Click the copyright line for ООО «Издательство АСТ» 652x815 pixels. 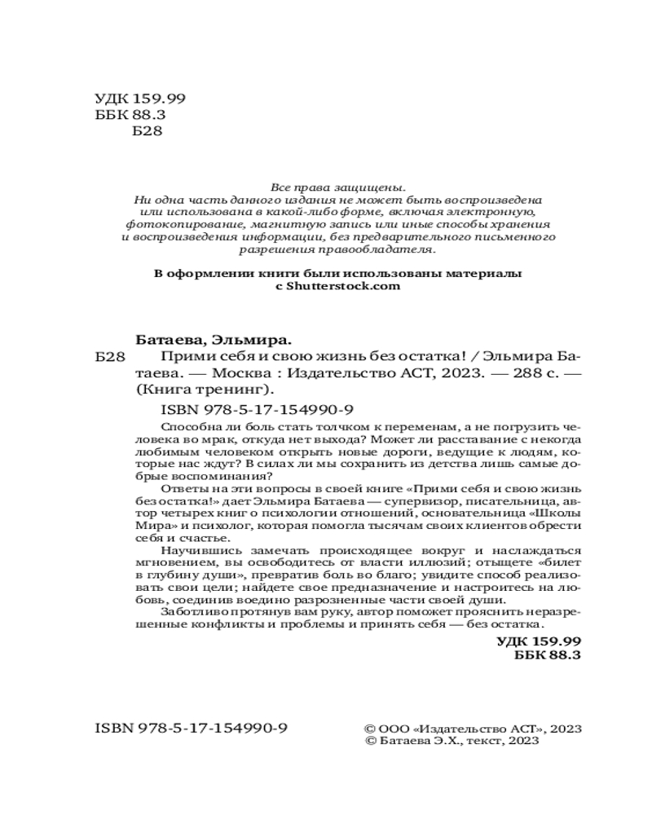(x=471, y=727)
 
